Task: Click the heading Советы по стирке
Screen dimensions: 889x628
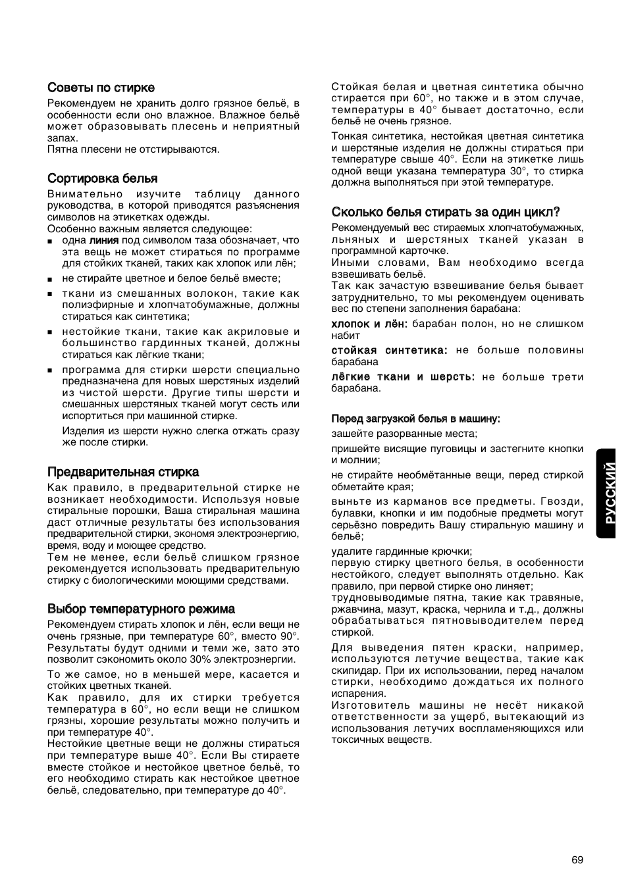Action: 101,88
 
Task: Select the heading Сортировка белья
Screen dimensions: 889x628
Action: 102,178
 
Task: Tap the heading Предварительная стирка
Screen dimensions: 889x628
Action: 122,472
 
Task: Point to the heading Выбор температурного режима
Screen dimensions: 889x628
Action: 141,609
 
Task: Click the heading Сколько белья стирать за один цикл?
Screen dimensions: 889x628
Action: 446,212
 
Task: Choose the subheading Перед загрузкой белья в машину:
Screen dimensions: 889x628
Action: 415,419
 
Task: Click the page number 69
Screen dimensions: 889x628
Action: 577,859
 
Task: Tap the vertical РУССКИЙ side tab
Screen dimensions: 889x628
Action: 612,494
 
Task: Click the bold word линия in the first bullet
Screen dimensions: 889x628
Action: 104,240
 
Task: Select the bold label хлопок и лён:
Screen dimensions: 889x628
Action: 369,324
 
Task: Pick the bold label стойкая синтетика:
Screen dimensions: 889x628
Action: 389,350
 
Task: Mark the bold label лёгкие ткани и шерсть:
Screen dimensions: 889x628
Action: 403,376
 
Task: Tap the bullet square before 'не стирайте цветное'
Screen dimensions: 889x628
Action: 50,279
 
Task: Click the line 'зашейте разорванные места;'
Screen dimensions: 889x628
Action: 404,434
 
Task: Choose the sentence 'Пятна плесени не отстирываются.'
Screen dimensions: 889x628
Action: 133,149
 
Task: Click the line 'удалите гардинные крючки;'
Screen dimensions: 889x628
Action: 402,551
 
